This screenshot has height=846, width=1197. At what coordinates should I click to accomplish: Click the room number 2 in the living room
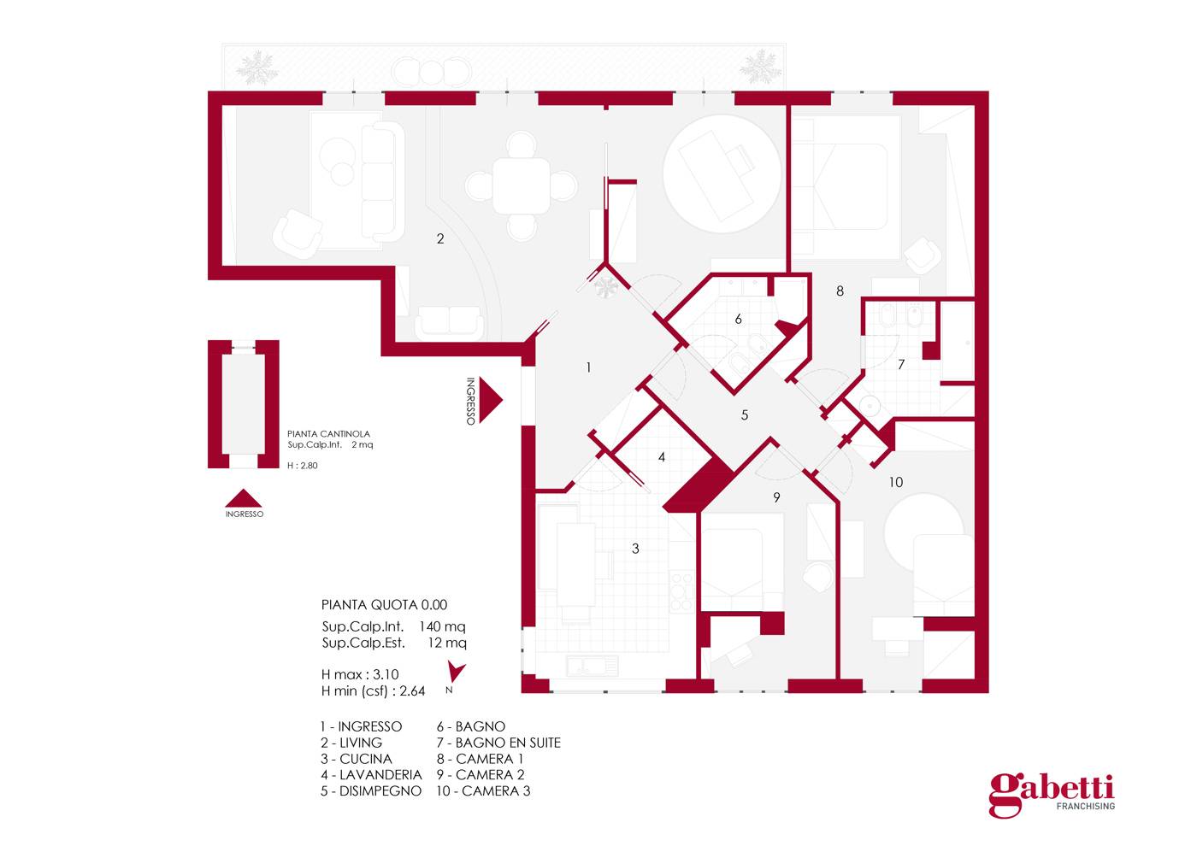[440, 239]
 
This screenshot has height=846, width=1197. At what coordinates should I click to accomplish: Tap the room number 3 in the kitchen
[635, 549]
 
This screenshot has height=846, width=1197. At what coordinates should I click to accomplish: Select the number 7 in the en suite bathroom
[901, 365]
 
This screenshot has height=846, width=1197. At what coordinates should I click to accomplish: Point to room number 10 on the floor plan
[895, 483]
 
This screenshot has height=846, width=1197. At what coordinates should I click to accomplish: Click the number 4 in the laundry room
[662, 457]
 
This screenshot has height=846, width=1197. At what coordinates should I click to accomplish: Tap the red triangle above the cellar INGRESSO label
[245, 498]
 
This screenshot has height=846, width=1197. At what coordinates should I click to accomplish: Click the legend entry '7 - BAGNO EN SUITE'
[498, 743]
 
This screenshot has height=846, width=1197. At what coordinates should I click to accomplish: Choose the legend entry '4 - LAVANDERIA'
[371, 775]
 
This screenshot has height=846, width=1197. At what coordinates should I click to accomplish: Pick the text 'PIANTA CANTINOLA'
[328, 434]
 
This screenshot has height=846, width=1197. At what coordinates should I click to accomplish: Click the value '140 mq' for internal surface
[442, 626]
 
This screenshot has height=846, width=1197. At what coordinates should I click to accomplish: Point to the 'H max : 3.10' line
[360, 674]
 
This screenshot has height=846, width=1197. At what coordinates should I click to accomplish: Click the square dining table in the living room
[521, 185]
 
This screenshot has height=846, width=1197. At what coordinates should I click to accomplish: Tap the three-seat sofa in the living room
[381, 180]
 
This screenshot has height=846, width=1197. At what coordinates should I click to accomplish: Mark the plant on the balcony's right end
[759, 68]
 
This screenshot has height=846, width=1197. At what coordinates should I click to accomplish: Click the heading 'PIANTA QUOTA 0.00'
[384, 605]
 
